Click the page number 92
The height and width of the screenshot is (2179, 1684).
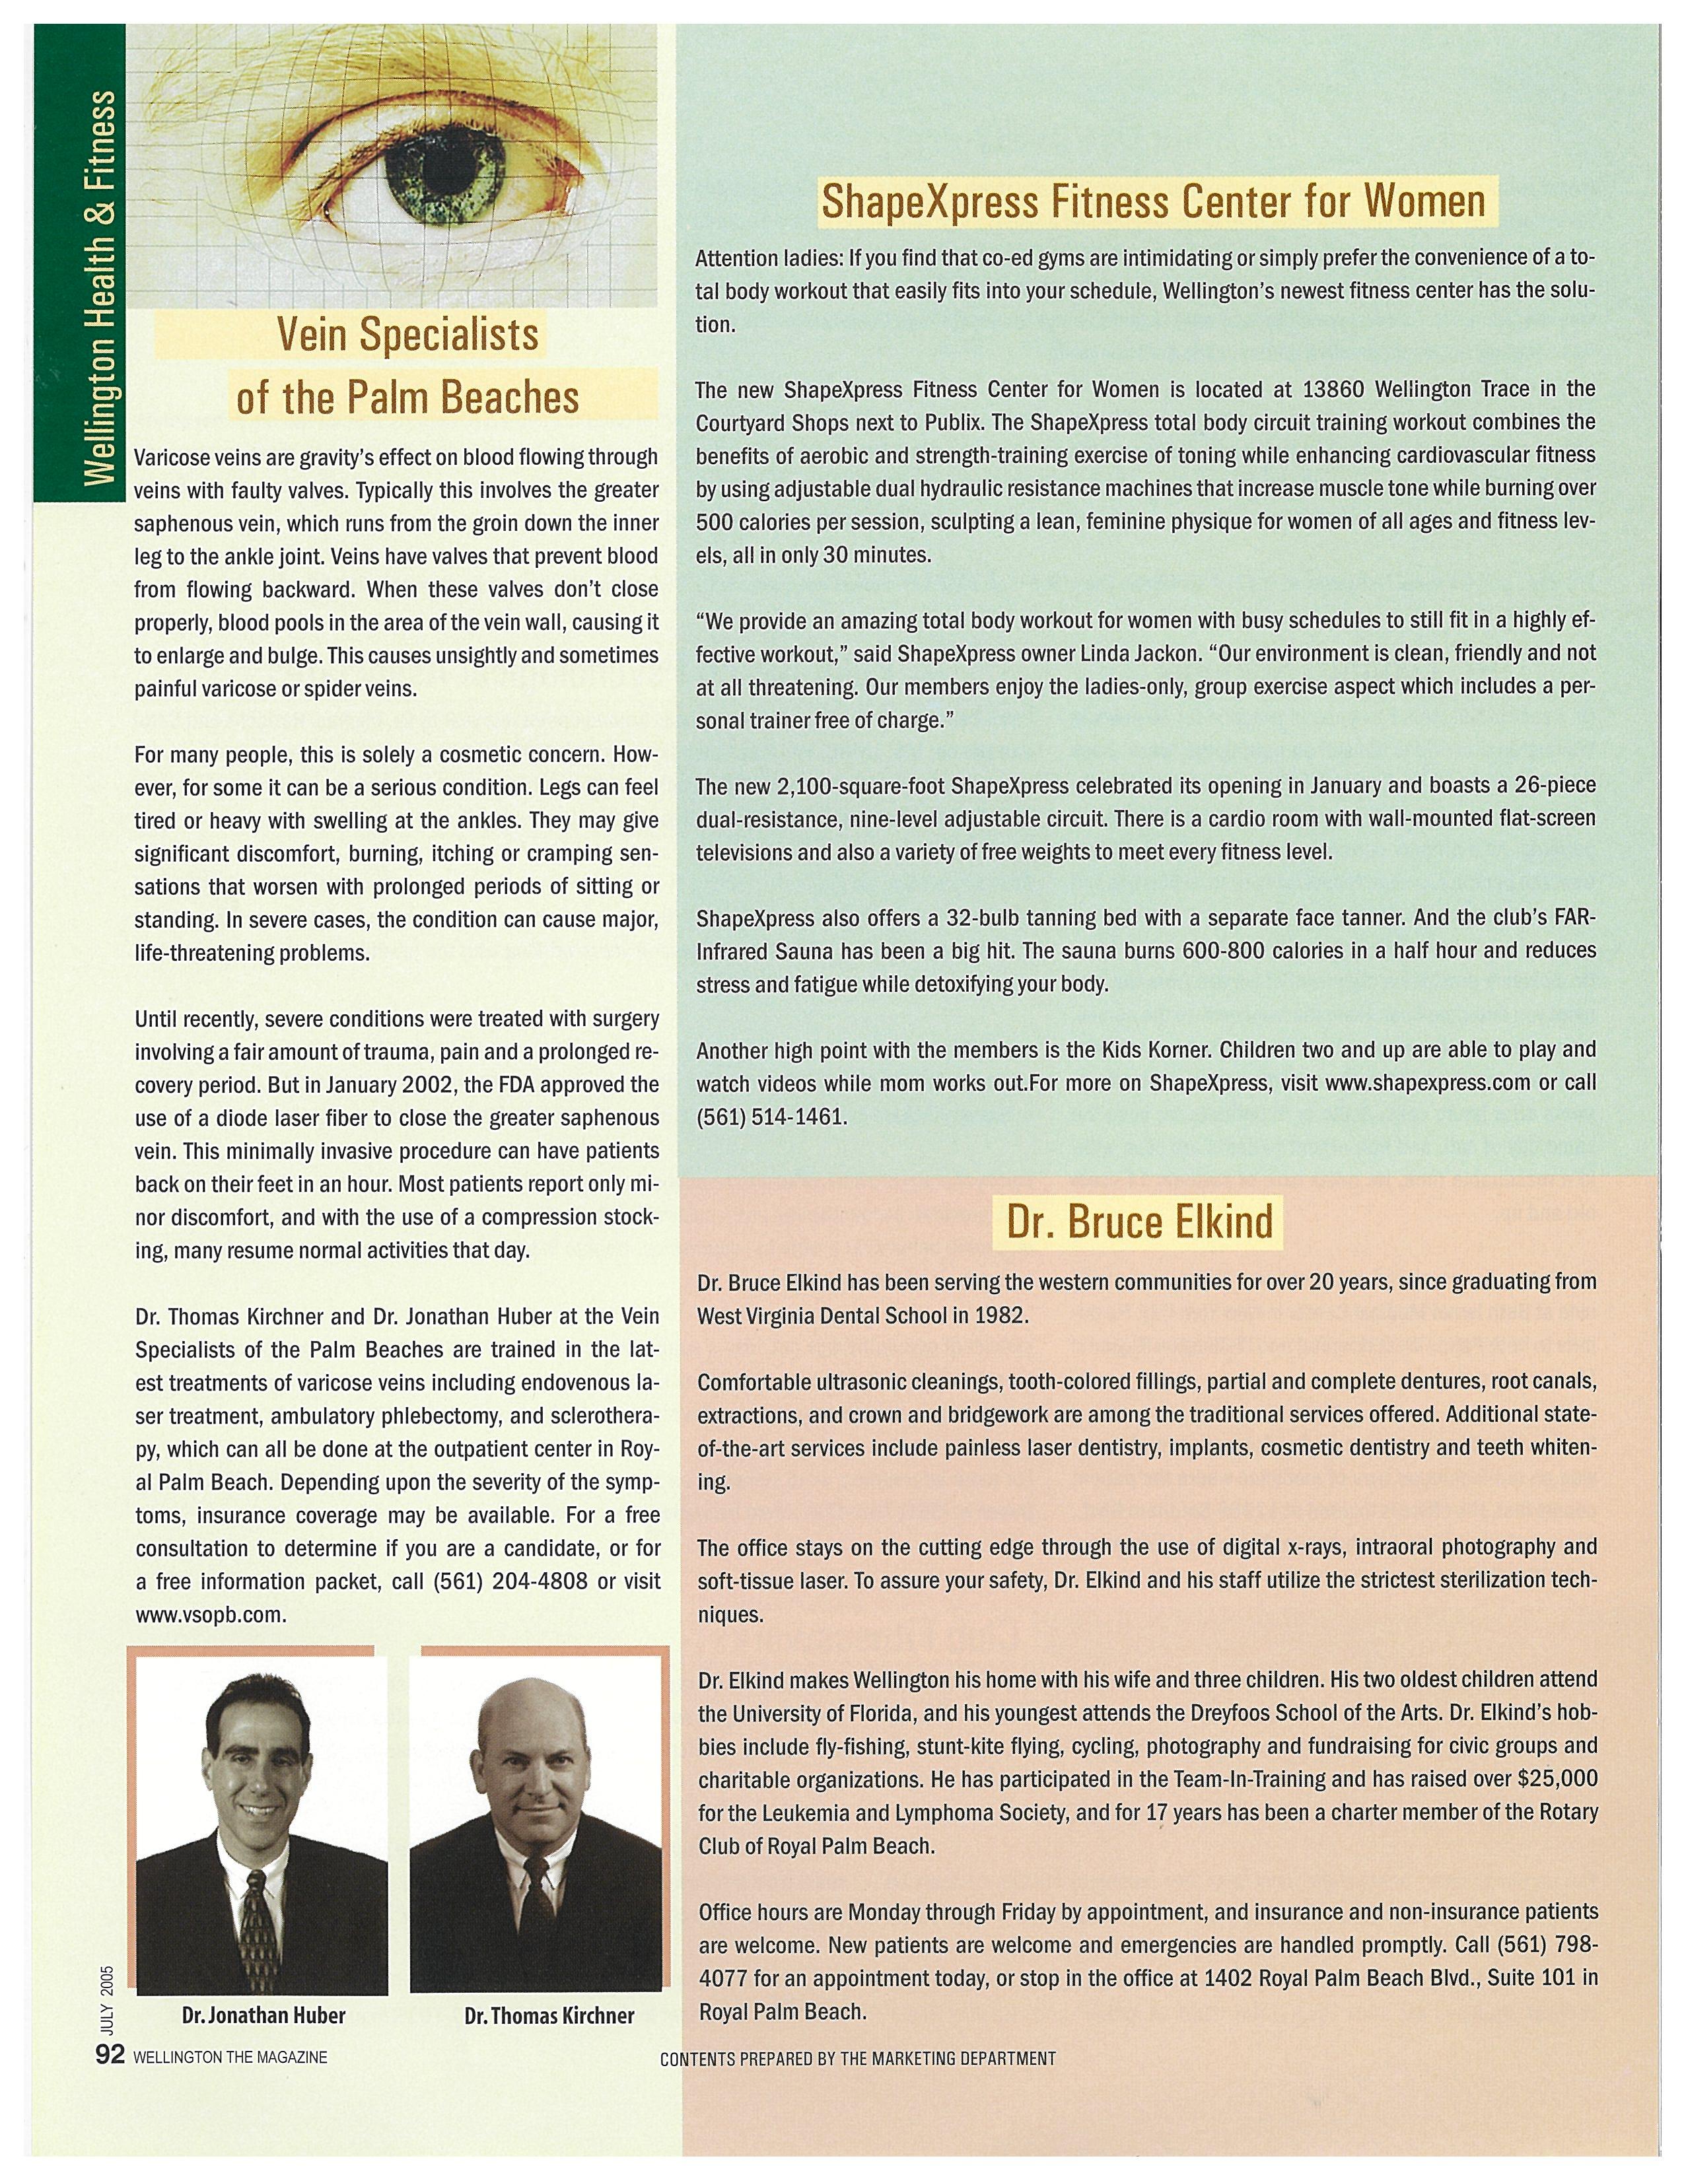pyautogui.click(x=108, y=2056)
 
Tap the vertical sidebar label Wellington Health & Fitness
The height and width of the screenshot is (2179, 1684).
pyautogui.click(x=100, y=287)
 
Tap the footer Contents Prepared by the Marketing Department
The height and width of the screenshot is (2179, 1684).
pyautogui.click(x=858, y=2058)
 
